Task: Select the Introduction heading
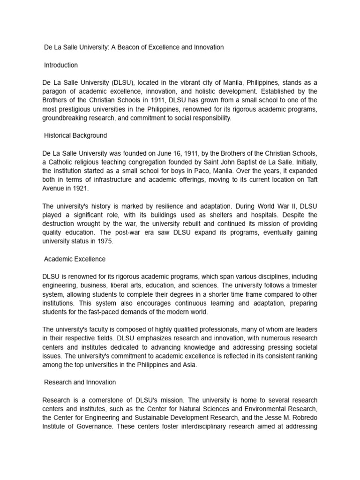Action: (61, 65)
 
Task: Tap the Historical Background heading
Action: (75, 135)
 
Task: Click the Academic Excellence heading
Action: (75, 259)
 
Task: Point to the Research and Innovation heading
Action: (80, 382)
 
